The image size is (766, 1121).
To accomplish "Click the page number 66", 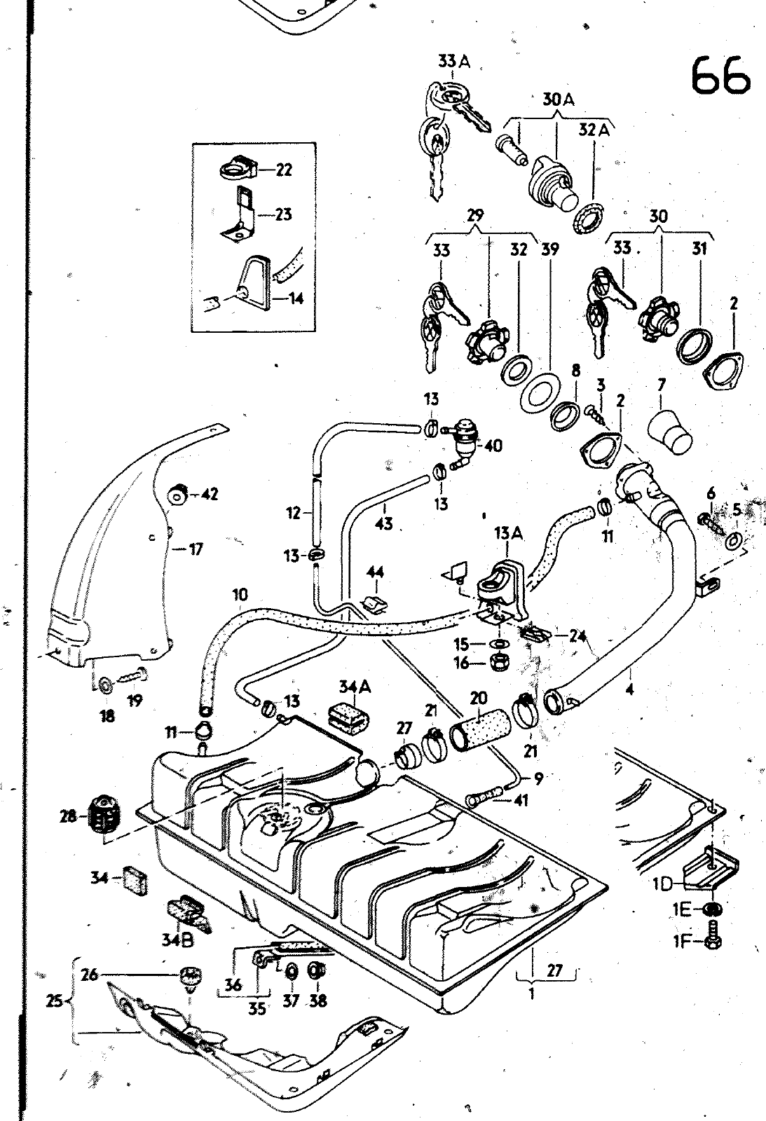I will click(x=720, y=75).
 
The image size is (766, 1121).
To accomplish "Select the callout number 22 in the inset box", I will click(x=283, y=170).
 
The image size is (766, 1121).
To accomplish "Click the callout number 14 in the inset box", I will click(x=296, y=299).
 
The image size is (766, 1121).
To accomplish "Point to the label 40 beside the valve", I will click(x=493, y=446).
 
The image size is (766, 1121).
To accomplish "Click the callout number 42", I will click(x=209, y=494).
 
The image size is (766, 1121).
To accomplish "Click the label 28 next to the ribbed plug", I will click(x=68, y=816).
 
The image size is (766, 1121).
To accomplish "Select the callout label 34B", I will click(x=178, y=941).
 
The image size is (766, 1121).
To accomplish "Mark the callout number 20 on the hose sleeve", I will click(x=478, y=698).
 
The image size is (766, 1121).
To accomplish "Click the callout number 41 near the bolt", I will click(x=520, y=800).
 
